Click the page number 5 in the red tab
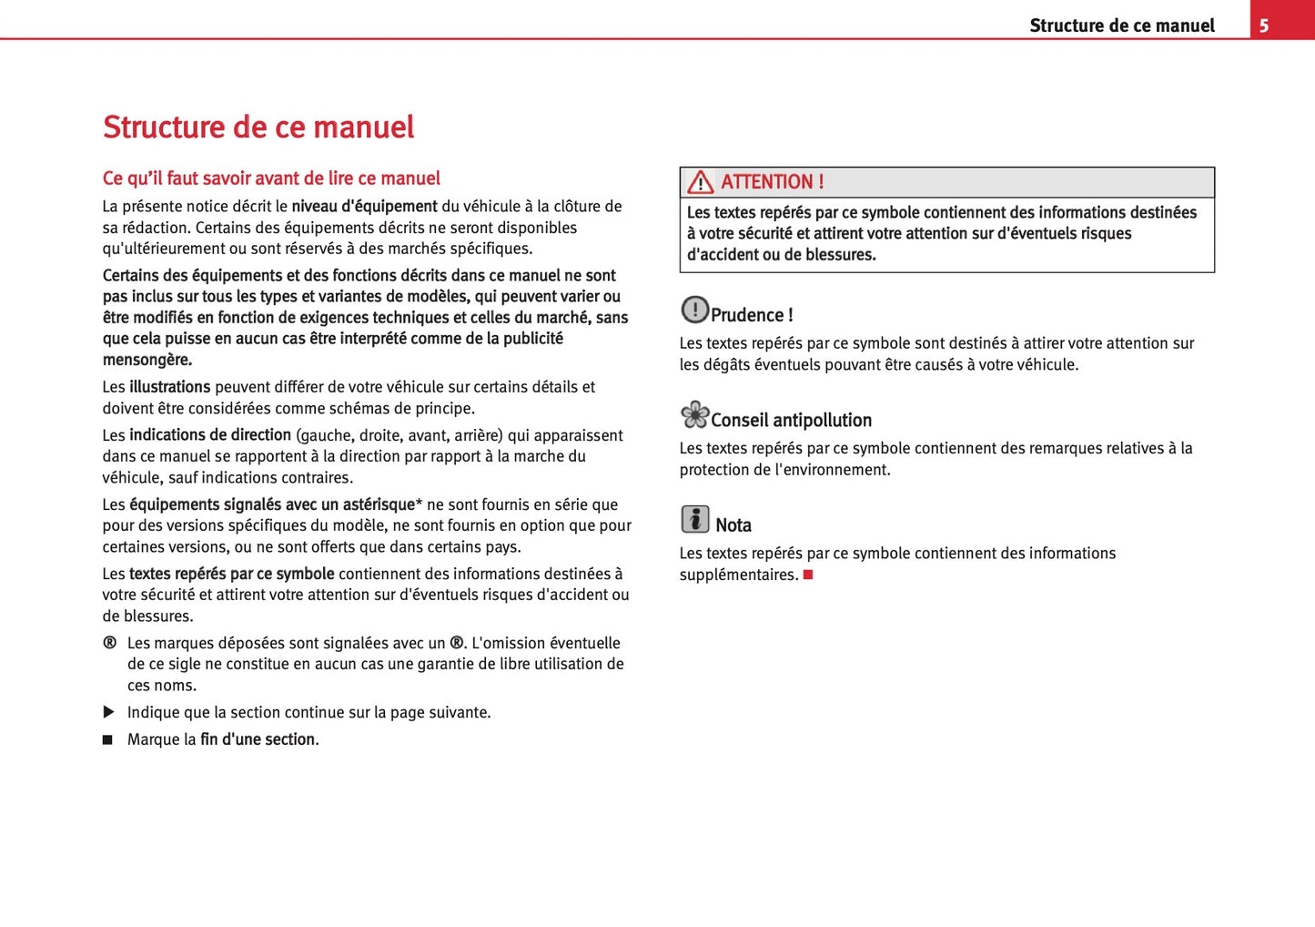(x=1263, y=25)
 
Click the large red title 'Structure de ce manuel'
(x=258, y=127)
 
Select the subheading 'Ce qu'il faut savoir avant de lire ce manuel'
(x=271, y=178)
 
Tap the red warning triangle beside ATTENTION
(x=700, y=182)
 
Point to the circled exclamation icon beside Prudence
(x=694, y=310)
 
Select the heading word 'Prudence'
(x=747, y=315)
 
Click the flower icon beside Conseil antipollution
(x=694, y=415)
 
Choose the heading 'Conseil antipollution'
(x=791, y=420)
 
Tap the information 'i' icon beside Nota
(x=694, y=519)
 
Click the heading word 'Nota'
(x=733, y=525)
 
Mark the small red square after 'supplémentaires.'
(x=808, y=575)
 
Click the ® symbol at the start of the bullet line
(x=109, y=643)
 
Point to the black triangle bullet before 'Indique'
(x=108, y=712)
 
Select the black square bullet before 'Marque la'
(x=107, y=740)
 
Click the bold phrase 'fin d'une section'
(x=258, y=739)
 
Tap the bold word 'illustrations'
(x=169, y=387)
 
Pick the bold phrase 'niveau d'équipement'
(x=364, y=207)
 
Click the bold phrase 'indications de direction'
(x=209, y=435)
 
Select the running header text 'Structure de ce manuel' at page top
(x=1121, y=25)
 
